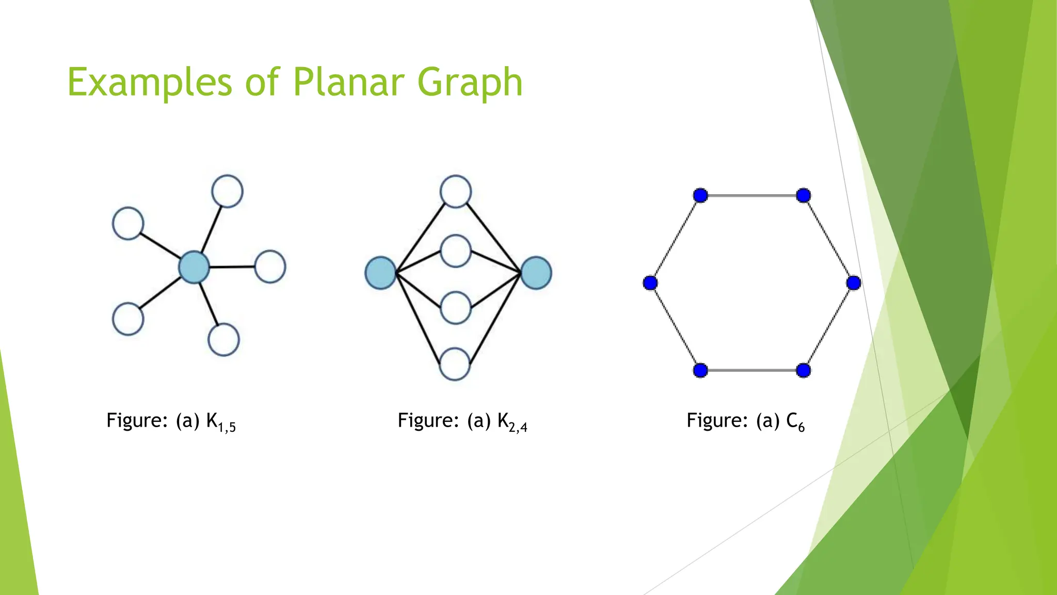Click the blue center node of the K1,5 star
tap(194, 267)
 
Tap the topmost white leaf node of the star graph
tap(228, 191)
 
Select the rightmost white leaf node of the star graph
tap(270, 267)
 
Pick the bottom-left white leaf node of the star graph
tap(128, 319)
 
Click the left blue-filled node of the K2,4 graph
tap(380, 273)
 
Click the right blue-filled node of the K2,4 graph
tap(536, 273)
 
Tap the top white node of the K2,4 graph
tap(455, 192)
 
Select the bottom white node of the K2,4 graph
tap(455, 364)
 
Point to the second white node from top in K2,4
tap(456, 251)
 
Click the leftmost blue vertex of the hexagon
tap(650, 283)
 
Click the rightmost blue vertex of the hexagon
tap(854, 283)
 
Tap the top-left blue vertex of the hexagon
tap(700, 195)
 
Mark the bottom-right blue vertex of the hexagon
tap(803, 370)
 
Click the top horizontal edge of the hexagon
tap(752, 195)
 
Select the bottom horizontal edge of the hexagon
tap(752, 370)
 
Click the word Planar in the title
tap(350, 82)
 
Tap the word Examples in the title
tap(150, 82)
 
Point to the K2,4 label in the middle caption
tap(512, 422)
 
